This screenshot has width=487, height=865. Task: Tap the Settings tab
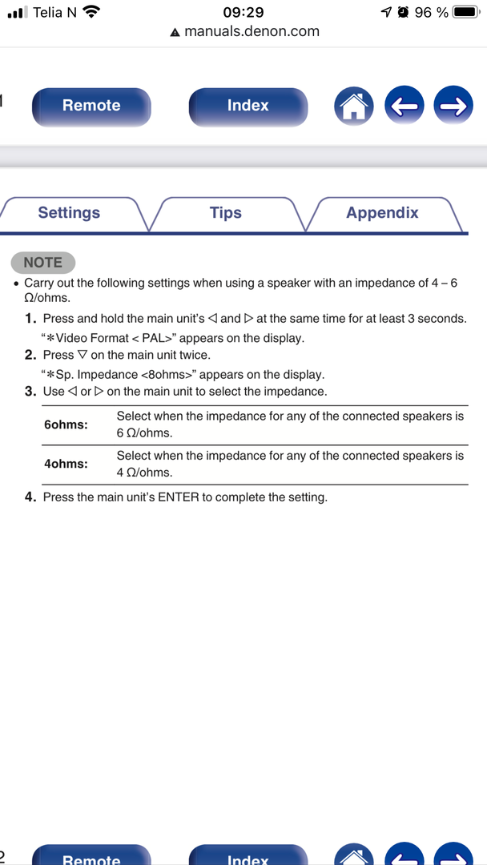(69, 213)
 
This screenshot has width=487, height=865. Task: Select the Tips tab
(226, 213)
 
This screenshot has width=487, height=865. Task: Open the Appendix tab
(382, 213)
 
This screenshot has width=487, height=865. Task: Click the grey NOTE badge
(42, 262)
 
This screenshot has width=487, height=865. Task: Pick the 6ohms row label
(66, 424)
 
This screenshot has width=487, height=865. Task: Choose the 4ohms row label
(66, 464)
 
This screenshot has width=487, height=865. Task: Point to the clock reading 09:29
(243, 12)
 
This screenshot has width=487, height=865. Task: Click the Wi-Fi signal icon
(91, 12)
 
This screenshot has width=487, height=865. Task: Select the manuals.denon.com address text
(252, 32)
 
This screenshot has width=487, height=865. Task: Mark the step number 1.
(30, 319)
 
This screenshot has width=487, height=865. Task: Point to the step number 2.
(30, 355)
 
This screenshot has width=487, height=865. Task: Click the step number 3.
(30, 392)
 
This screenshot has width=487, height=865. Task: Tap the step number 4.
(30, 497)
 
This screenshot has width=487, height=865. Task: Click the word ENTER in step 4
(178, 497)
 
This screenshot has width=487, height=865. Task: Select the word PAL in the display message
(153, 338)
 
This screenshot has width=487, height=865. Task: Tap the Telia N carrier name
(54, 12)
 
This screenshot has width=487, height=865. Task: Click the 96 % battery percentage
(431, 12)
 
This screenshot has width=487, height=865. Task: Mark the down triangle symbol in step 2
(82, 355)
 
